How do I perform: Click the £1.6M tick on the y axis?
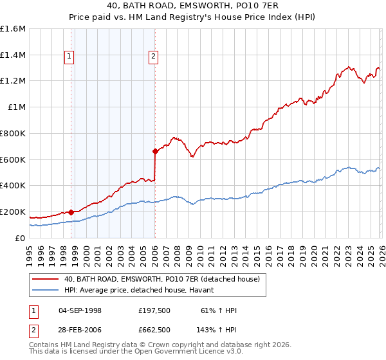(x=13, y=29)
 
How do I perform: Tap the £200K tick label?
(x=13, y=212)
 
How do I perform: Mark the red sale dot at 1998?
(x=70, y=212)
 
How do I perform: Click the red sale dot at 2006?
(x=155, y=152)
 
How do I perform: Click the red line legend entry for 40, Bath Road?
(x=161, y=279)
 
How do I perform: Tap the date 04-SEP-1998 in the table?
(x=80, y=310)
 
